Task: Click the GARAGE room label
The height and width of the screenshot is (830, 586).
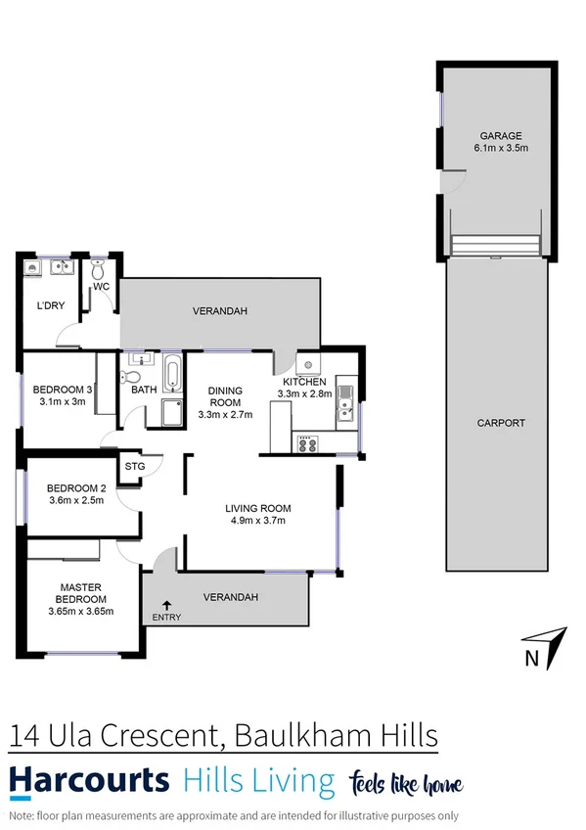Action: coord(500,136)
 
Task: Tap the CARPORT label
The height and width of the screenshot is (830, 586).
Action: coord(501,424)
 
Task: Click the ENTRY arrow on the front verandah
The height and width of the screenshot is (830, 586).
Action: coord(167,607)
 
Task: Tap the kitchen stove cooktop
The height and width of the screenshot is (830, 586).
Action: coord(307,443)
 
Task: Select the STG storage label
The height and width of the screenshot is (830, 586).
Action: coord(135,467)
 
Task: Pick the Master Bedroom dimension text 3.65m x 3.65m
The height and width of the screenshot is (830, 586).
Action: coord(81,612)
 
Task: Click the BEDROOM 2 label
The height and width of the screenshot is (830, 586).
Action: coord(76,488)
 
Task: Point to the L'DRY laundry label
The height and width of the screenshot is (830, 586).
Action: coord(51,306)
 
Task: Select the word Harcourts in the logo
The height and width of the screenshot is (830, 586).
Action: coord(89,782)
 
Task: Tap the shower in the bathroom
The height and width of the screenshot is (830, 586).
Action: coord(170,412)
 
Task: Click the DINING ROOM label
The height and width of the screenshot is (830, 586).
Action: coord(225,395)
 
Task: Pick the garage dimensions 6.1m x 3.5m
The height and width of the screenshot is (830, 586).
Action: coord(500,149)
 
